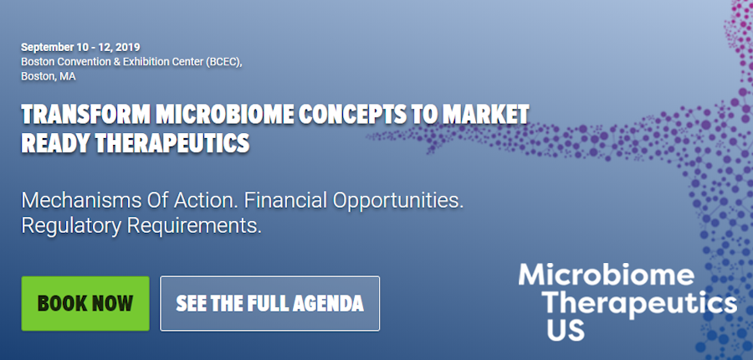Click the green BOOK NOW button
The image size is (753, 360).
click(x=85, y=303)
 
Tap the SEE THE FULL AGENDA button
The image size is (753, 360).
click(x=269, y=303)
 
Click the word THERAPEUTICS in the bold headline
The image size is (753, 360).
click(x=173, y=143)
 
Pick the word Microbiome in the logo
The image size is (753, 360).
click(x=606, y=275)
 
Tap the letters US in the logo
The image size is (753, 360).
click(x=566, y=329)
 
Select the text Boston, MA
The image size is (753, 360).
click(x=49, y=76)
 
